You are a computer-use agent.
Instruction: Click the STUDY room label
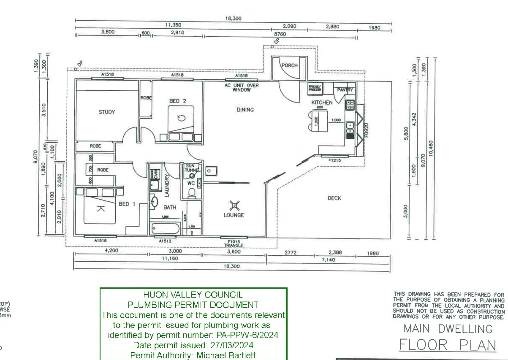pyautogui.click(x=106, y=112)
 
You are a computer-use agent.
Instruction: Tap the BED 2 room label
pyautogui.click(x=178, y=101)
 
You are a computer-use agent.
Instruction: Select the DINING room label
pyautogui.click(x=245, y=110)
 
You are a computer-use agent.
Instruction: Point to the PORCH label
pyautogui.click(x=290, y=65)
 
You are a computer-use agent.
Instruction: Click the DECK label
pyautogui.click(x=334, y=198)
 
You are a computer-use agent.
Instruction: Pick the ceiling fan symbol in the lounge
pyautogui.click(x=234, y=206)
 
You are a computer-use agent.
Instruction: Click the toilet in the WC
pyautogui.click(x=192, y=193)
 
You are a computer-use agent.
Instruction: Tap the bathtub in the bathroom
pyautogui.click(x=165, y=229)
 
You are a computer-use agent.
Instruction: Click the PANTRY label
pyautogui.click(x=345, y=90)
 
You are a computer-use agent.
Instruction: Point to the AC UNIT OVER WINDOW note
pyautogui.click(x=241, y=87)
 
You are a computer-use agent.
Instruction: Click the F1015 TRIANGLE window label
pyautogui.click(x=234, y=243)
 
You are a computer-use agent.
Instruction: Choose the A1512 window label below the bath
pyautogui.click(x=165, y=241)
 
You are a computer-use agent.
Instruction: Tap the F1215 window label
pyautogui.click(x=334, y=160)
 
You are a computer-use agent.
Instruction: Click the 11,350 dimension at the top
pyautogui.click(x=173, y=25)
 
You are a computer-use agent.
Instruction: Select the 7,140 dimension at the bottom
pyautogui.click(x=328, y=260)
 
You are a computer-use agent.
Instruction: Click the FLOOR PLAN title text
pyautogui.click(x=448, y=345)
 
